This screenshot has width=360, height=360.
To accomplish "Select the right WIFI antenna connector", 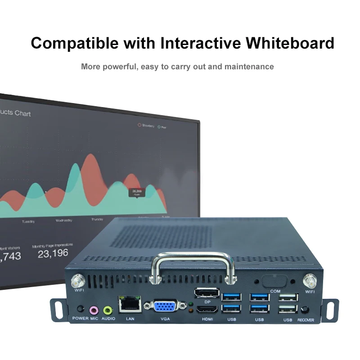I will (310, 282).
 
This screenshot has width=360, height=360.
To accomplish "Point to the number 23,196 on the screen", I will (53, 253).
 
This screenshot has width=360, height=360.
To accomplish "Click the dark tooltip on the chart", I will (136, 193).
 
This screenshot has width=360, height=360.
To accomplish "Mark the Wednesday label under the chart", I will (63, 221).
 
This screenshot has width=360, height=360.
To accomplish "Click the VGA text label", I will (165, 319).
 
